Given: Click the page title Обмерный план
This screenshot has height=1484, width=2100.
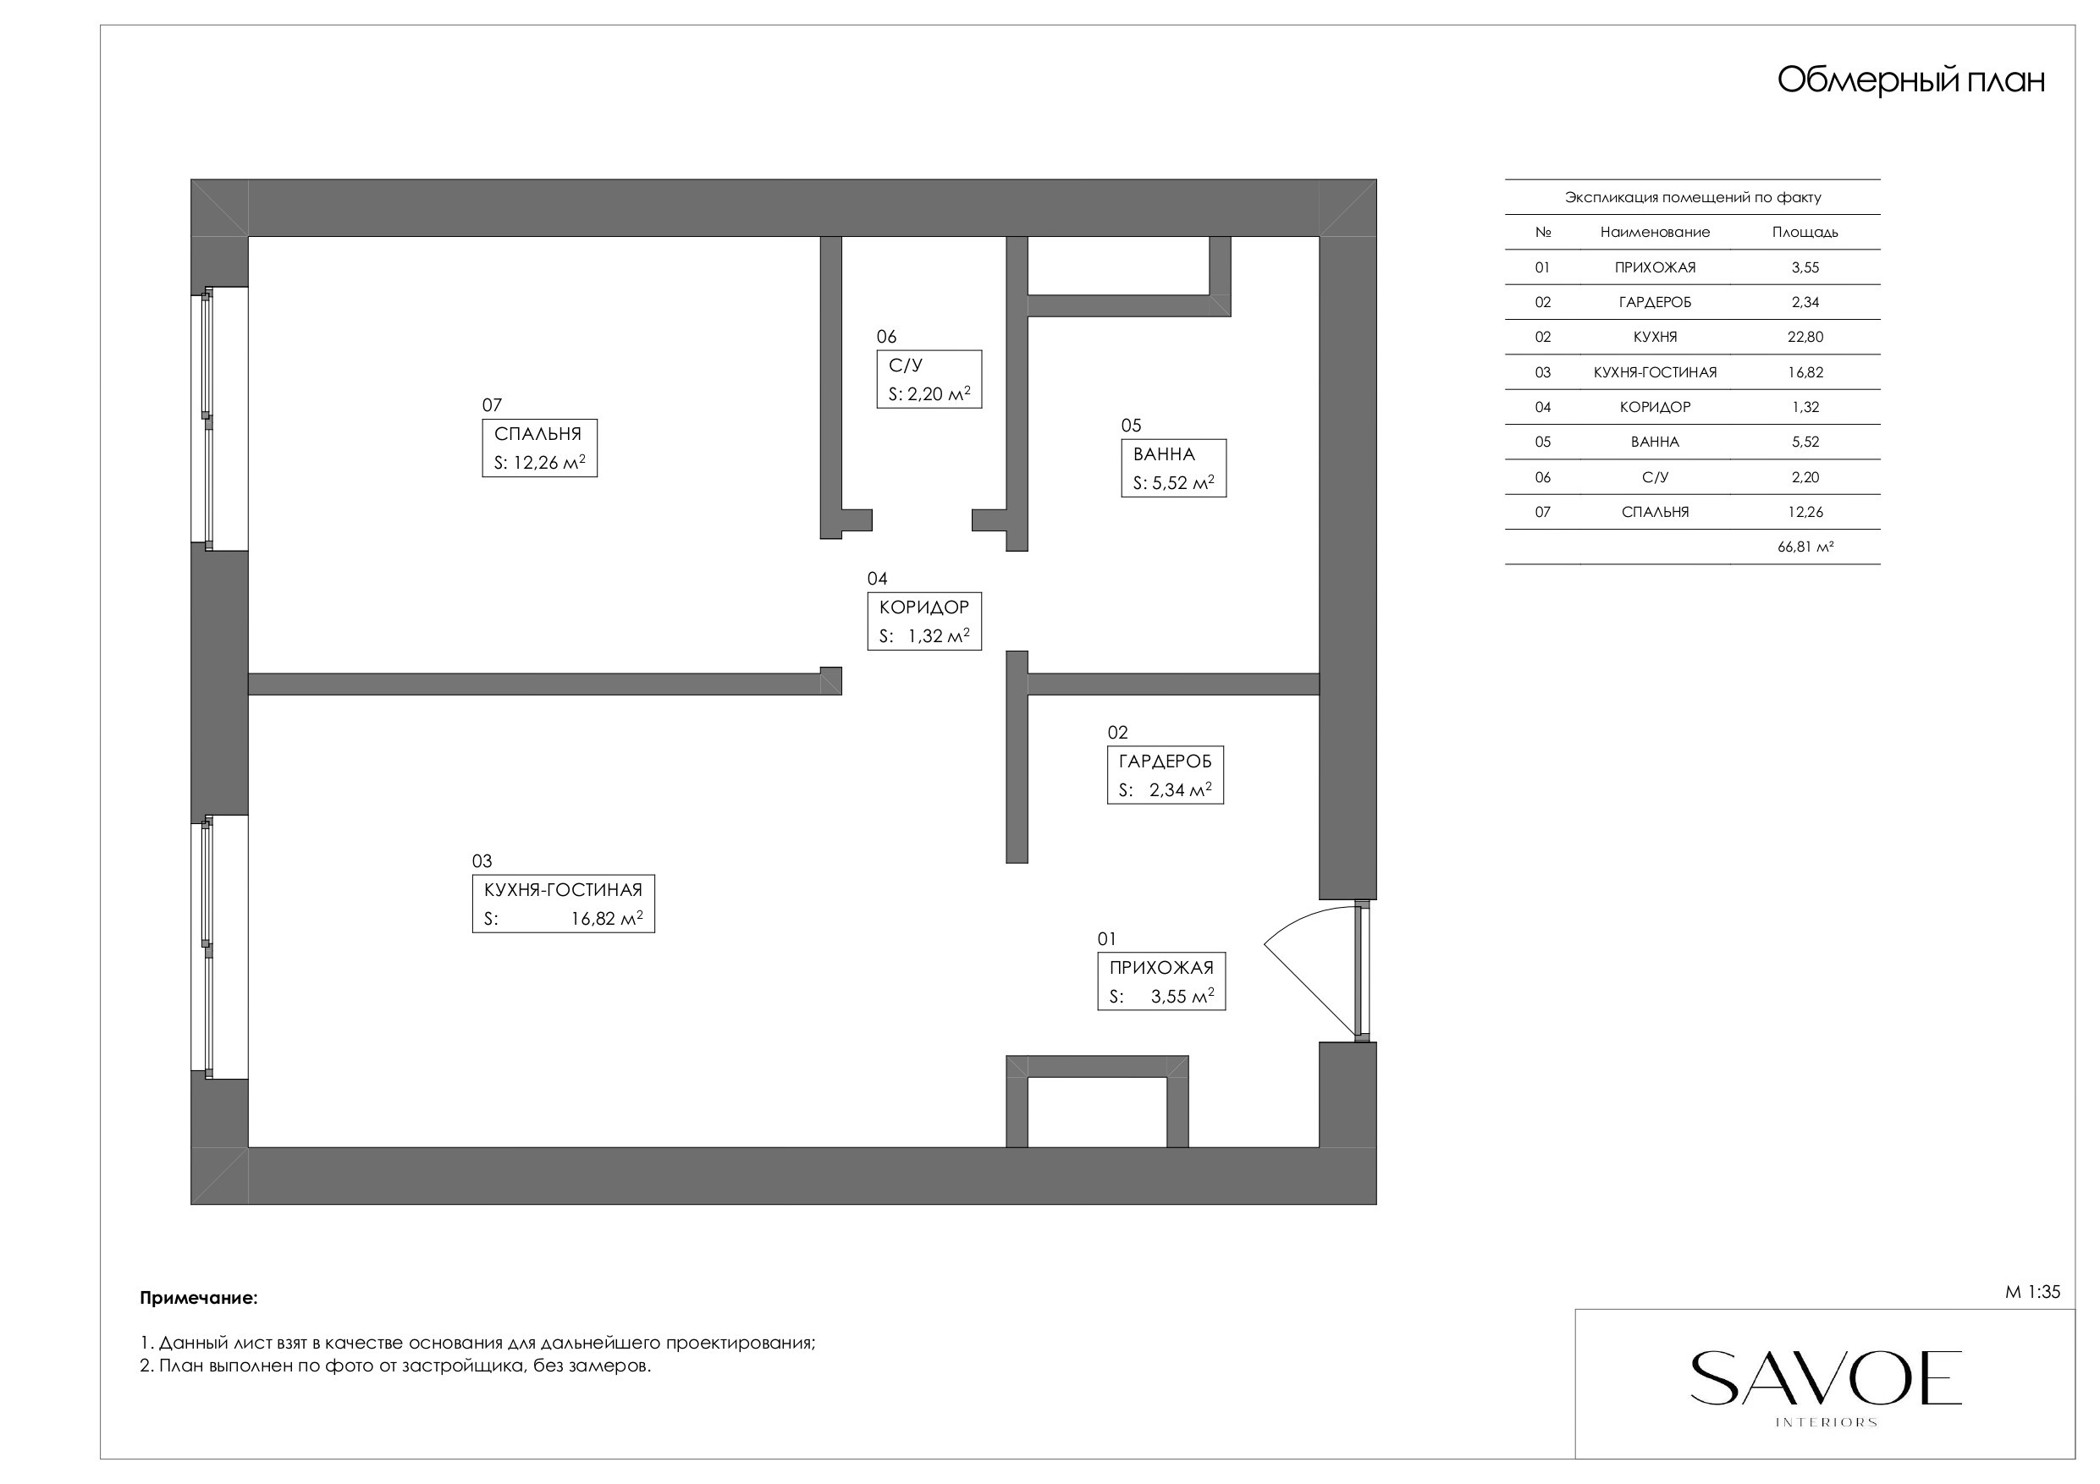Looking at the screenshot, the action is tap(1910, 80).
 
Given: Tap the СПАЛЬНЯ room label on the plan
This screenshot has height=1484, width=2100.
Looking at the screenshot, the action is tap(540, 448).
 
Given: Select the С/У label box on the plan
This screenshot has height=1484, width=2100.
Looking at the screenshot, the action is tap(929, 378).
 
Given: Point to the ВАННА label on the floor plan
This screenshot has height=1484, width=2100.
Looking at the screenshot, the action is tap(1173, 468).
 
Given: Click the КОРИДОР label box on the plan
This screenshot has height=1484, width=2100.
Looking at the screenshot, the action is tap(924, 621).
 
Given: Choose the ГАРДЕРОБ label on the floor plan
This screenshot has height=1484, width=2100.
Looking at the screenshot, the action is tap(1166, 774).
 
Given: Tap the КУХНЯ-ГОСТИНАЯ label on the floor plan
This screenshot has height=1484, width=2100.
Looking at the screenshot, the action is tap(564, 904).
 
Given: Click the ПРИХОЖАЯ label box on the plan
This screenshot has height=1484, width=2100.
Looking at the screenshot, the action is tap(1161, 981).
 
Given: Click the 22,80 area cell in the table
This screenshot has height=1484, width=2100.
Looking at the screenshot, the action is tap(1805, 337).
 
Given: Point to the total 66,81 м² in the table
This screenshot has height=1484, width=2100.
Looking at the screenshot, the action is tap(1805, 547).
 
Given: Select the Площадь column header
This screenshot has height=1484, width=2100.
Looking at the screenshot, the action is tap(1805, 233).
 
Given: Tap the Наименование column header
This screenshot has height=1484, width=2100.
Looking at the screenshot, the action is tap(1655, 233).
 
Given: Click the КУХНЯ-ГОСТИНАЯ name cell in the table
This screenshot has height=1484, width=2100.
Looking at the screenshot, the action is tap(1655, 372).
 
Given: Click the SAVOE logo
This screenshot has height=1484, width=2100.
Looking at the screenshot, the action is tap(1826, 1387).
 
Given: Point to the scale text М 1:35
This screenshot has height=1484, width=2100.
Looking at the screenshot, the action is tap(2032, 1292).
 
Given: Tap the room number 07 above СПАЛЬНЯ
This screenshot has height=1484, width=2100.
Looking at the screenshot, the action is tap(492, 405).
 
